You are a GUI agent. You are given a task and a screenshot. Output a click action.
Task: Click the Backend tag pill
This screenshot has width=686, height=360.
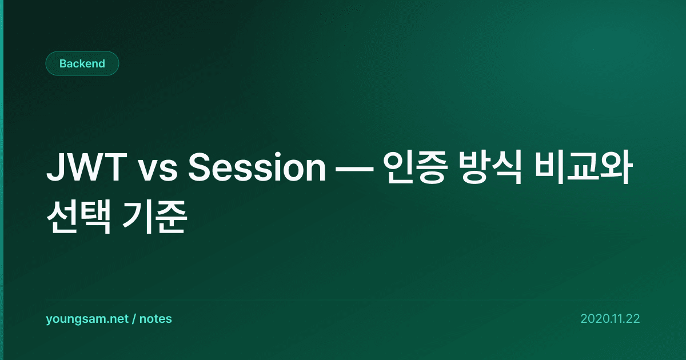coord(82,63)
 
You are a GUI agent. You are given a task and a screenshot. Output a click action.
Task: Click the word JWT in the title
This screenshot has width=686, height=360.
coord(87,167)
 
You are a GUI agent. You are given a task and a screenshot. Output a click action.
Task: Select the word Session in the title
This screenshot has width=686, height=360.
coord(257,167)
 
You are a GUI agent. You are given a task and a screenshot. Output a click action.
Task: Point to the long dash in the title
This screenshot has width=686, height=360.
coord(354,169)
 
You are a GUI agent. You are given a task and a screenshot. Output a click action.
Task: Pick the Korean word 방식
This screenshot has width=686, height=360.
coord(490,167)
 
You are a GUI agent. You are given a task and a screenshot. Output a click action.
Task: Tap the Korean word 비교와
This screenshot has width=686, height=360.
coord(584,167)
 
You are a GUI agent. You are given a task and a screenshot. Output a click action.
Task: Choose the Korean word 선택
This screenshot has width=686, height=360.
coord(78,217)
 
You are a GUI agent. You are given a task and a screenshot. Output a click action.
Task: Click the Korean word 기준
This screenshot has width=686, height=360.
coord(154,217)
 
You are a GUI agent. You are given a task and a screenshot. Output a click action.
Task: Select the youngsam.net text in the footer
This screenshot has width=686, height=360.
coord(87,319)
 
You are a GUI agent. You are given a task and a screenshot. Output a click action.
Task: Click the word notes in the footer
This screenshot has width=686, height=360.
coord(155,319)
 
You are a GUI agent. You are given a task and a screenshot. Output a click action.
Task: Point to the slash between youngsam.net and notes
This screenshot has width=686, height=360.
coord(134,319)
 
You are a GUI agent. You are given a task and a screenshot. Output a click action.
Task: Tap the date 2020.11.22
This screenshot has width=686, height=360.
coord(610,319)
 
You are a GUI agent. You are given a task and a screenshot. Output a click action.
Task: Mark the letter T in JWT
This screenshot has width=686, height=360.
coord(114,167)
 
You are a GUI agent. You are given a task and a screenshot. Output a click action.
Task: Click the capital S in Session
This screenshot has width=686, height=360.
coord(200,167)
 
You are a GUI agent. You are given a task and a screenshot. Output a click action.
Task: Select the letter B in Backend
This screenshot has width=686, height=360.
coord(63,63)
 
